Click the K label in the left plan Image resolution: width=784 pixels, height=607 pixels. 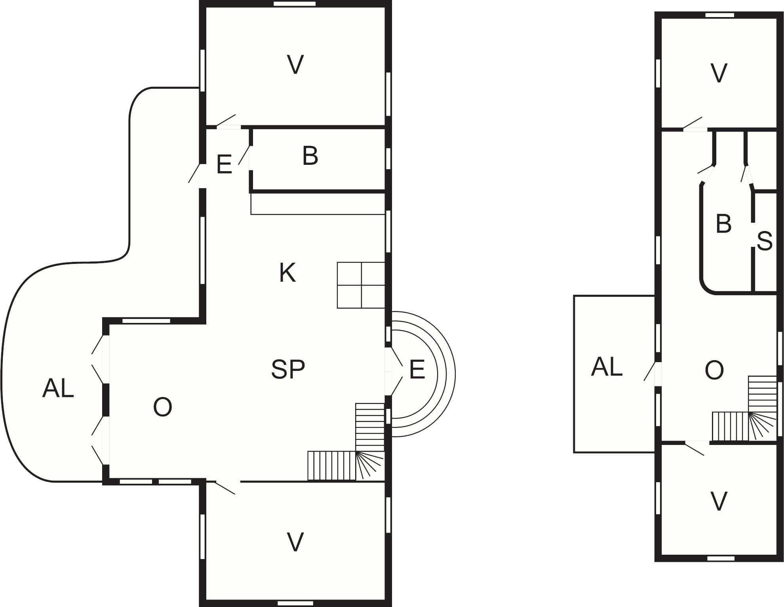click(287, 273)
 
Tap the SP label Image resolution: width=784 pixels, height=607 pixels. click(288, 369)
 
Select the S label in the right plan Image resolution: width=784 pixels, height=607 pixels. click(764, 241)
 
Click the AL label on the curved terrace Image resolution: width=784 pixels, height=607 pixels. click(58, 388)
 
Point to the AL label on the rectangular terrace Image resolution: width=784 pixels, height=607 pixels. click(607, 366)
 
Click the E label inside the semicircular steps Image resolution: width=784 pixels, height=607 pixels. click(417, 369)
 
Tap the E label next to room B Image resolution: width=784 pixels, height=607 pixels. click(224, 164)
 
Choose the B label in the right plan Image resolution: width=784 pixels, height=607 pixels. click(723, 223)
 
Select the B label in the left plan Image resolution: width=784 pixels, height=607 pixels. click(310, 156)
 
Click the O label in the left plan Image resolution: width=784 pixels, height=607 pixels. click(162, 407)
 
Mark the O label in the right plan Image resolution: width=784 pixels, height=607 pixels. click(714, 370)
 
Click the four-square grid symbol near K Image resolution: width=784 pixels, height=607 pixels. click(361, 285)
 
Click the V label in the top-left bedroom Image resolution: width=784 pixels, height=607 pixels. click(295, 65)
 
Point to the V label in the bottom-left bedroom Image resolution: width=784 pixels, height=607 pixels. click(295, 542)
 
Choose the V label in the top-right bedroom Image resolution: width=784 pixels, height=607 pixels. click(719, 73)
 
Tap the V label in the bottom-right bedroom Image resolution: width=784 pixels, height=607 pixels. click(719, 501)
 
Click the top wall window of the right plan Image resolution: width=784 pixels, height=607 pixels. click(720, 15)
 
